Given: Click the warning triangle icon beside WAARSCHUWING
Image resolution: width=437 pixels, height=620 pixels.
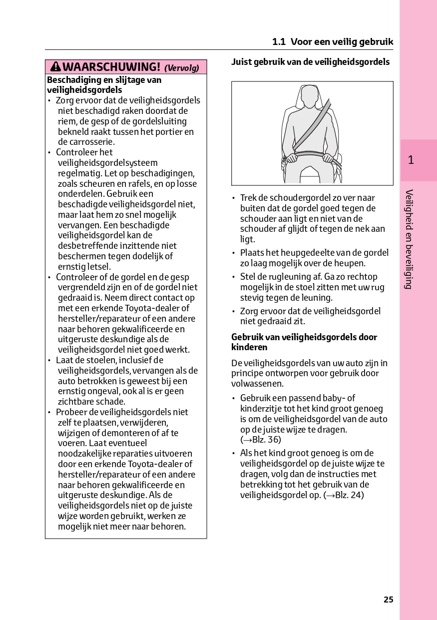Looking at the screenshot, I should (55, 67).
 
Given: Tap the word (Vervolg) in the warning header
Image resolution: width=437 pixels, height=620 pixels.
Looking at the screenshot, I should (182, 68).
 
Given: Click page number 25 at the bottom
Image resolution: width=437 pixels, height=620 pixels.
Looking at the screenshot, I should (389, 600).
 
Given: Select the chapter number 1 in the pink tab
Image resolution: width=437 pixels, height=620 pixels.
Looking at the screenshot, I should (411, 160).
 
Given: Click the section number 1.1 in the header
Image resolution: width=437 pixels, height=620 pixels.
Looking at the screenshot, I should (279, 42).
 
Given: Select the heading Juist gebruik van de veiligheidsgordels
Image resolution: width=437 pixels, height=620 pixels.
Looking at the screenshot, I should (310, 62).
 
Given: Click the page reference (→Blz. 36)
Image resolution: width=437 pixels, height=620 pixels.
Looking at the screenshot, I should (261, 440).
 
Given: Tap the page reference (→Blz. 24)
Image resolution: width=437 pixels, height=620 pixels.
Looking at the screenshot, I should (344, 495).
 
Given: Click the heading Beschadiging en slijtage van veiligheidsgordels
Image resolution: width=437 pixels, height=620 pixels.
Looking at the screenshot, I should (104, 85).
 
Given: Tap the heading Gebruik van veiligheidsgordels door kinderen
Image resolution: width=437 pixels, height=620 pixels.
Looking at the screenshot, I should (304, 342).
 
